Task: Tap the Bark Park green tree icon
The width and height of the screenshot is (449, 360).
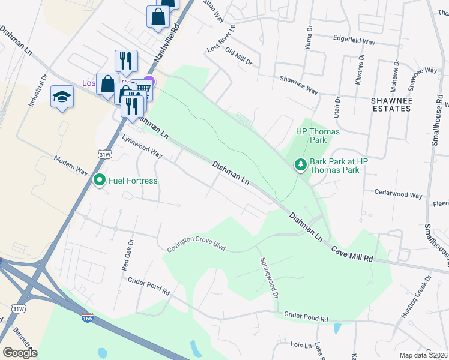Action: coord(300,164)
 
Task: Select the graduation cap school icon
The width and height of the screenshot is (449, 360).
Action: coord(62,97)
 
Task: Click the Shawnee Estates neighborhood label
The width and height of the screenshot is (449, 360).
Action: coord(390,104)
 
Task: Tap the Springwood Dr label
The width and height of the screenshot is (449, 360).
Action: coord(269,278)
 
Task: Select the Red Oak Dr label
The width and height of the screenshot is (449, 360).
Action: coord(127,254)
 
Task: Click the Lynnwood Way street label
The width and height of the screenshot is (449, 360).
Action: coord(142,146)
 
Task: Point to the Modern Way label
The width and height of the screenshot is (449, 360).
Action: coord(71,165)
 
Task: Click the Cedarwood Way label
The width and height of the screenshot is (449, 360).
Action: coord(399,194)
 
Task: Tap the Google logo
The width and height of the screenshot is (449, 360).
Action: coord(20,352)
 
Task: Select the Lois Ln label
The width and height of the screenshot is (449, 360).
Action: coord(301,346)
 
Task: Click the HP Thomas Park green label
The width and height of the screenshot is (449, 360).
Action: coord(318,136)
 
